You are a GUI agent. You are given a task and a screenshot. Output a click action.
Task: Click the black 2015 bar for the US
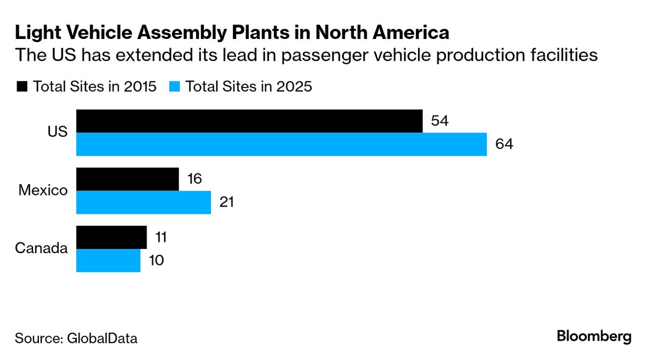coord(249,121)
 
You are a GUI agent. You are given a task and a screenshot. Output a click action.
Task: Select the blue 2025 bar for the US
coord(281,144)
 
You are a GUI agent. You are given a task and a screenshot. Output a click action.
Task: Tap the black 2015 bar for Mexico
coord(128,179)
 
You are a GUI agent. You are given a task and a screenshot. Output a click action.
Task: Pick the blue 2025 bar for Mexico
coord(144,202)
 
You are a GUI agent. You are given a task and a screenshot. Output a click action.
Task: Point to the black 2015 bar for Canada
coord(112,237)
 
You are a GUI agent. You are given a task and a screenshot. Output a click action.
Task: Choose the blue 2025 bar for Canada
coord(108,261)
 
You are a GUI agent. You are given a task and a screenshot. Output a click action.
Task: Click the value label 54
coord(439,121)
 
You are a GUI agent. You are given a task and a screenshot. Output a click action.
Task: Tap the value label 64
coord(504,144)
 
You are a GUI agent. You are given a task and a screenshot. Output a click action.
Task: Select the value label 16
coord(194,179)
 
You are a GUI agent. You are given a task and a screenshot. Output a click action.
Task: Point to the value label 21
coord(226,202)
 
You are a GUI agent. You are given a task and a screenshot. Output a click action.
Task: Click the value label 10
coord(156,261)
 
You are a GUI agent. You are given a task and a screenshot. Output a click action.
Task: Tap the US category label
coord(57,132)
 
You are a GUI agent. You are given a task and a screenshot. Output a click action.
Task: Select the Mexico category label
coord(43,191)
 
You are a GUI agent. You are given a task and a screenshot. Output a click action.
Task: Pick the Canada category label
coord(42,249)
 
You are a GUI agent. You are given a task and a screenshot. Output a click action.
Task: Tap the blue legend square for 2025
coord(174,87)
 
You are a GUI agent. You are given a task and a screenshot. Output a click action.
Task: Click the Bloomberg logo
coord(594,336)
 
